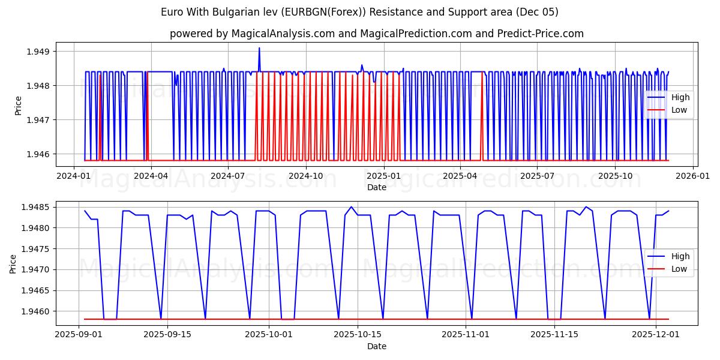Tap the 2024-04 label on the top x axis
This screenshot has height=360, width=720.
point(151,176)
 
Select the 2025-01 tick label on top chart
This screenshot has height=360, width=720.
point(383,176)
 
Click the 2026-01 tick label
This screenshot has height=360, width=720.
point(693,176)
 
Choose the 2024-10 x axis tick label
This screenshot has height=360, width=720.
point(305,176)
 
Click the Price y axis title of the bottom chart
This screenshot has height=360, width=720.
point(13,263)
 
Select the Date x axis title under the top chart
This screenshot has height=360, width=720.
point(376,187)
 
